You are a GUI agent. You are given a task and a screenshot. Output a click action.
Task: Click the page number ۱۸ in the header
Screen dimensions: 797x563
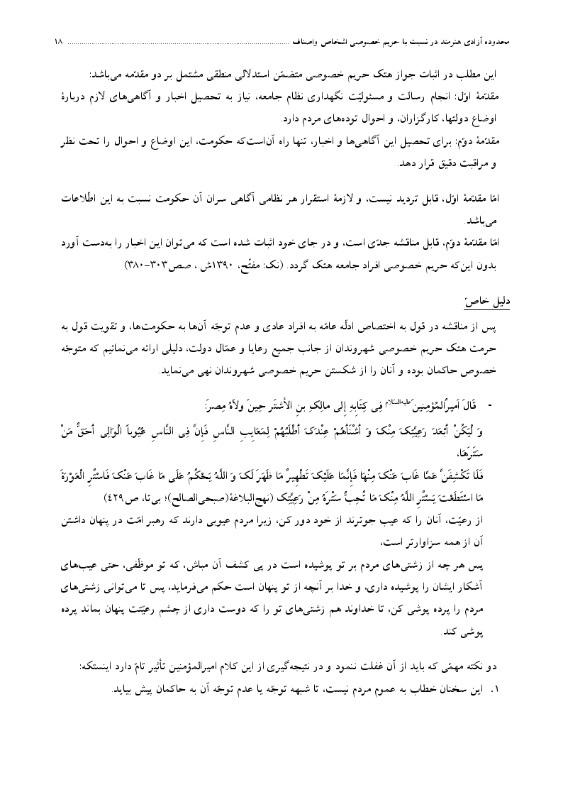click(57, 43)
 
